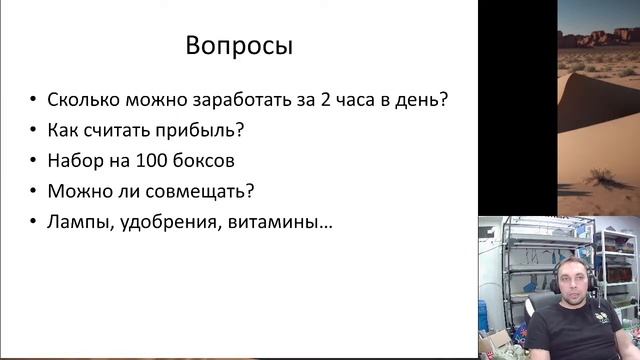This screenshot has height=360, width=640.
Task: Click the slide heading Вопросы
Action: (240, 46)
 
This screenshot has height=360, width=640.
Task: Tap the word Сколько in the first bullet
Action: (83, 100)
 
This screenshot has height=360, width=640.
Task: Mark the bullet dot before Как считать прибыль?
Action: (35, 131)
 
